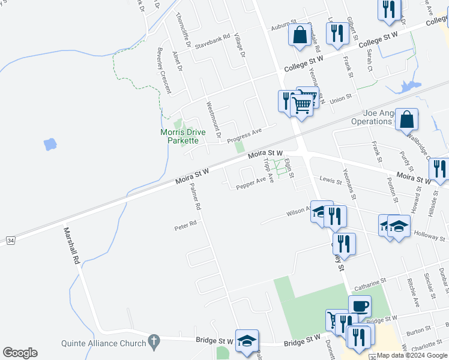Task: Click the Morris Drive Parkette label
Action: pyautogui.click(x=182, y=136)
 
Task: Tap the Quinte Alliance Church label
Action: pyautogui.click(x=104, y=343)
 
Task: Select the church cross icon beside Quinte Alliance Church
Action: pyautogui.click(x=154, y=343)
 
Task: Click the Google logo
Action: pyautogui.click(x=20, y=353)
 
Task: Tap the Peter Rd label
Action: pyautogui.click(x=185, y=227)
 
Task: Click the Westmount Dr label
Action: pyautogui.click(x=214, y=119)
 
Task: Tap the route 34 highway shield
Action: pyautogui.click(x=10, y=240)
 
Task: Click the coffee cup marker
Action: pyautogui.click(x=360, y=307)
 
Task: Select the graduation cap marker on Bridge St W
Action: pyautogui.click(x=247, y=340)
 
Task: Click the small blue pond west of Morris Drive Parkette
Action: pyautogui.click(x=50, y=144)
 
